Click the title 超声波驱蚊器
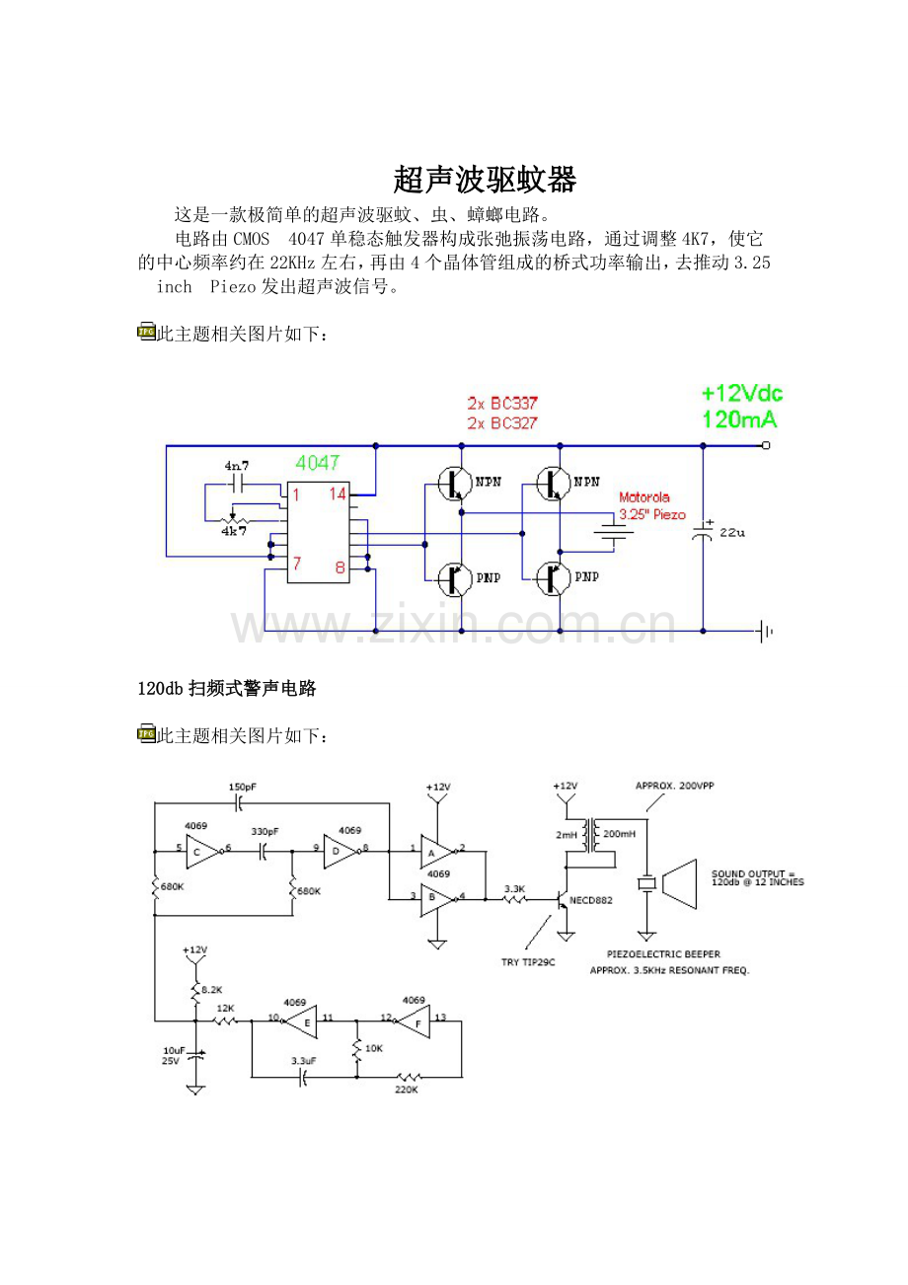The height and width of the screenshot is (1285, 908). pos(484,180)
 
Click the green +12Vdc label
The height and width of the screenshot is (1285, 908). pos(741,394)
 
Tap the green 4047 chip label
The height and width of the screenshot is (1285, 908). pos(318,462)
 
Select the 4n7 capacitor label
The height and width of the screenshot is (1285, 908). pos(238,465)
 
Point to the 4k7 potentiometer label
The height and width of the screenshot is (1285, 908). pos(234,530)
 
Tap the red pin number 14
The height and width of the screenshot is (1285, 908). pos(338,493)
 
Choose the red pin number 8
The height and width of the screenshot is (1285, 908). pos(339,567)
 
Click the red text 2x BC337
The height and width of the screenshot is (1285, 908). pos(501,403)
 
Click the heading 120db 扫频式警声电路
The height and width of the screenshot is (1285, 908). pos(227,689)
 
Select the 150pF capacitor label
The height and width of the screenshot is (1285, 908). pos(242,787)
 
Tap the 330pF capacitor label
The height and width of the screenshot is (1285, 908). pos(265,831)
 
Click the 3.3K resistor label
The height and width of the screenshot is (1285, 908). pos(514,889)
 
